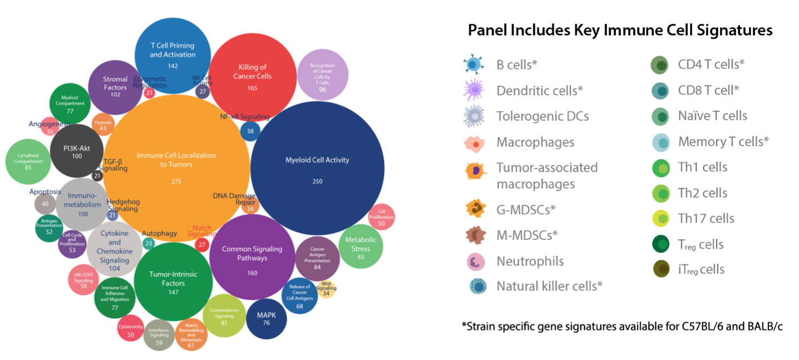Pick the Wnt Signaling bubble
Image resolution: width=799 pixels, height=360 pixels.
point(326,289)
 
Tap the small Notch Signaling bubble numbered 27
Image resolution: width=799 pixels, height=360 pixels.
point(202,245)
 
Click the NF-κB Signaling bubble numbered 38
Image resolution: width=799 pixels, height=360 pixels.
point(250,130)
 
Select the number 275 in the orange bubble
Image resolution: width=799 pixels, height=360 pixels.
point(176,181)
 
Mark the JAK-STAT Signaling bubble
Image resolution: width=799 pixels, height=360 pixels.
point(84,280)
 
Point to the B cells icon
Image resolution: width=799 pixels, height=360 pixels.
point(473,65)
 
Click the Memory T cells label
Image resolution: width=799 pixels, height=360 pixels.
point(723,142)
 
